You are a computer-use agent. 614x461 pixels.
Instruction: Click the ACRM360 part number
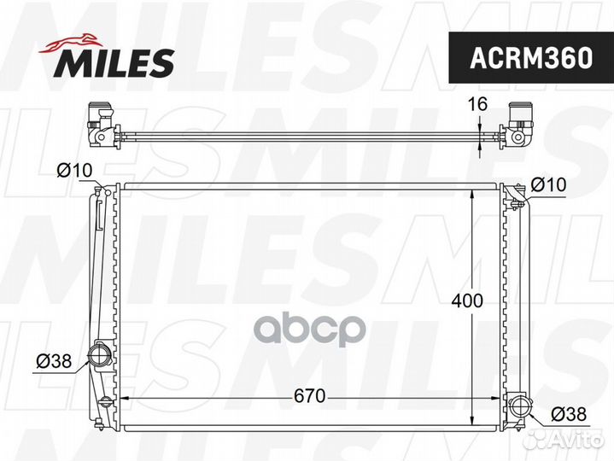[x=531, y=58]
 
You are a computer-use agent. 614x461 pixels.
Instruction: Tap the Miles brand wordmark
[x=114, y=62]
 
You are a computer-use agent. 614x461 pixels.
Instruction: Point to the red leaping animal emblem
[x=71, y=43]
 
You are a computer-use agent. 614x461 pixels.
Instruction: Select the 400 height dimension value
[x=467, y=301]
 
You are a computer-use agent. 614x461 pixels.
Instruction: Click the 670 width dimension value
[x=309, y=396]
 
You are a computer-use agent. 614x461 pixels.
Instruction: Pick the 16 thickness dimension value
[x=478, y=104]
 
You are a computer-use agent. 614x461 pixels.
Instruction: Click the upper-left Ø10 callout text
[x=74, y=170]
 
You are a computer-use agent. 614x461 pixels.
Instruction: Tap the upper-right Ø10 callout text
[x=548, y=184]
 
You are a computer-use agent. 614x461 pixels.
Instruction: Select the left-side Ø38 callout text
[x=54, y=361]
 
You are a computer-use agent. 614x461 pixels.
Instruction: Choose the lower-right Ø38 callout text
[x=569, y=414]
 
